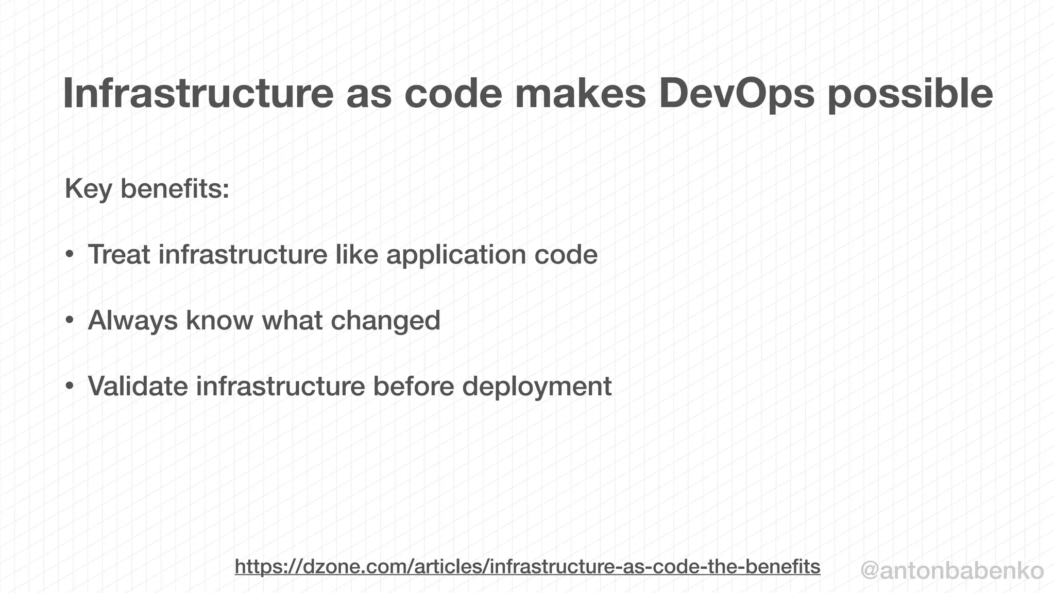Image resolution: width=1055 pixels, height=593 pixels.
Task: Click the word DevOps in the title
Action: click(737, 94)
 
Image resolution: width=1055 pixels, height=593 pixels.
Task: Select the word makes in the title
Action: click(580, 94)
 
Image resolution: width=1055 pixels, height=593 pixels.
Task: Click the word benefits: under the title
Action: click(175, 188)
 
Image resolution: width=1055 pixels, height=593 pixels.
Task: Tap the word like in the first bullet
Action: click(356, 254)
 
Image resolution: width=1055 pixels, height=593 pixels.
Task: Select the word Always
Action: click(133, 321)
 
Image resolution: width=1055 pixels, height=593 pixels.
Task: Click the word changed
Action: click(385, 321)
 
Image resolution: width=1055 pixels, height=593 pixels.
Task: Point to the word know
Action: click(219, 320)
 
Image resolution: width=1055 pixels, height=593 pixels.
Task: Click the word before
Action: click(413, 386)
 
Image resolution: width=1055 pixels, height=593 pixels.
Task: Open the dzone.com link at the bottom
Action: click(527, 566)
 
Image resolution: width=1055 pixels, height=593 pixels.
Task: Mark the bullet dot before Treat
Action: click(70, 255)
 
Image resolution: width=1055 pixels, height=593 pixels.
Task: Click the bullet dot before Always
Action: click(70, 321)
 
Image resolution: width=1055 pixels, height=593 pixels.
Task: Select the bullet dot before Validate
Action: click(70, 387)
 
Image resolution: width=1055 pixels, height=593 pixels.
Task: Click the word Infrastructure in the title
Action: click(199, 94)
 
